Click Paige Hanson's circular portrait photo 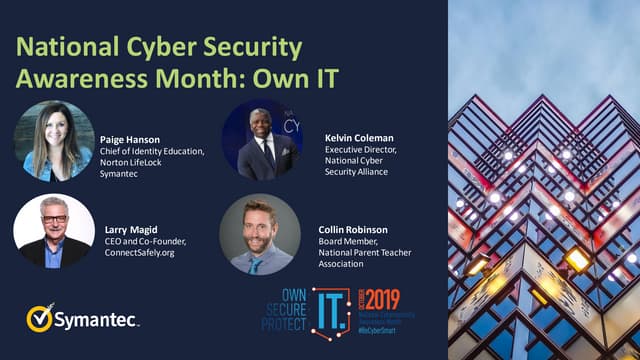(54, 141)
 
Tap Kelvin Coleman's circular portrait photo (261, 139)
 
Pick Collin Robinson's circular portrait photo (260, 234)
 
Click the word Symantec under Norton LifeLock (121, 175)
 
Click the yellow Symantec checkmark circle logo (40, 318)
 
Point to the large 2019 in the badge (382, 297)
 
